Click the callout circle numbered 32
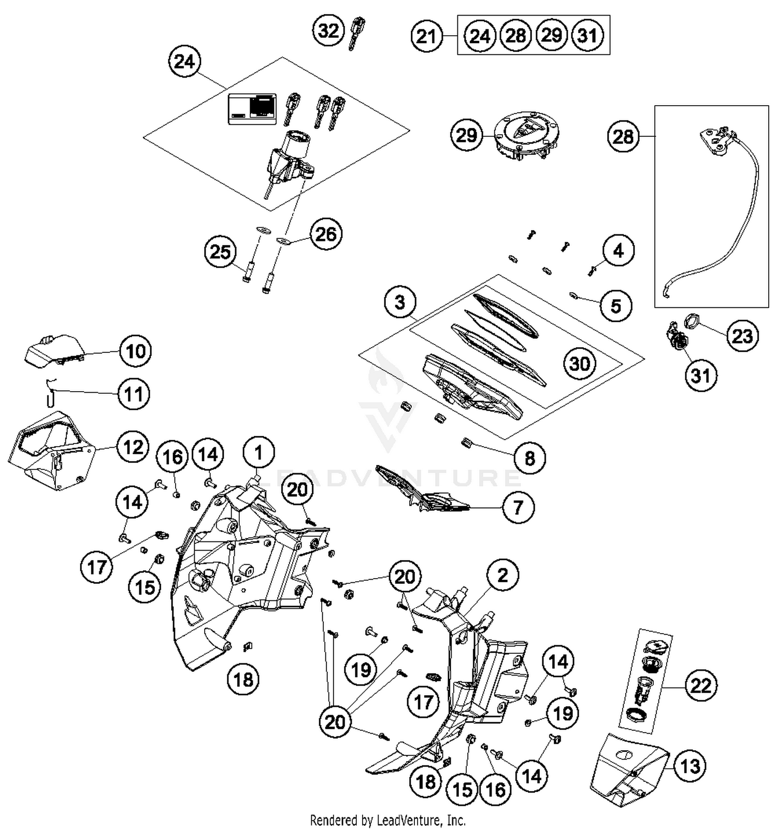coord(328,31)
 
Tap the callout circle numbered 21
coord(427,36)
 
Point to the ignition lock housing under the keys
coord(289,158)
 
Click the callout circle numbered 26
coord(326,234)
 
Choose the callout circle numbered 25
coord(220,252)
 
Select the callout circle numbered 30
coord(580,364)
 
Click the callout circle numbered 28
coord(623,137)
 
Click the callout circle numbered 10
coord(135,351)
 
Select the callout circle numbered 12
coord(133,447)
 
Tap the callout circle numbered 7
coord(518,507)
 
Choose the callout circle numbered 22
coord(701,685)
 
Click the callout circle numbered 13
coord(690,766)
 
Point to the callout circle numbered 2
coord(502,575)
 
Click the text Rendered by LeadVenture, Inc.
coord(387,820)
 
